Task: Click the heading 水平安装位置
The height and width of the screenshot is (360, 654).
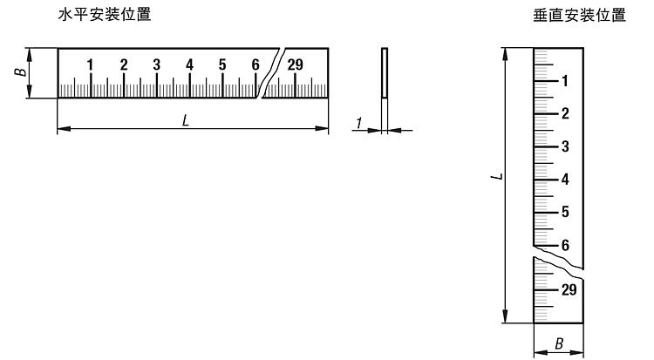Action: [x=105, y=15]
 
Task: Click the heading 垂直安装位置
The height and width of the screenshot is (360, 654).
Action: [x=580, y=15]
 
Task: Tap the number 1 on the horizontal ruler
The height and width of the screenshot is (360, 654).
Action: [x=90, y=65]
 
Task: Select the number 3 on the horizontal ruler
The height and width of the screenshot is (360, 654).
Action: [x=156, y=65]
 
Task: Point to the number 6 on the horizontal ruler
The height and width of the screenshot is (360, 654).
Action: [x=255, y=65]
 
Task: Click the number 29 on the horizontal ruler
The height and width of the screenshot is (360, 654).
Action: [x=295, y=65]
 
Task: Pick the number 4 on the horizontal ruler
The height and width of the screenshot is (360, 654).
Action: [x=189, y=65]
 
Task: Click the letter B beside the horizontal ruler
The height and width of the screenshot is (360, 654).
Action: [x=20, y=72]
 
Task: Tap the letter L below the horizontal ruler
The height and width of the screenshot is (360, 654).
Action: [x=186, y=121]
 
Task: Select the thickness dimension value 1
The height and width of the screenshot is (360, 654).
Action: [x=358, y=123]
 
